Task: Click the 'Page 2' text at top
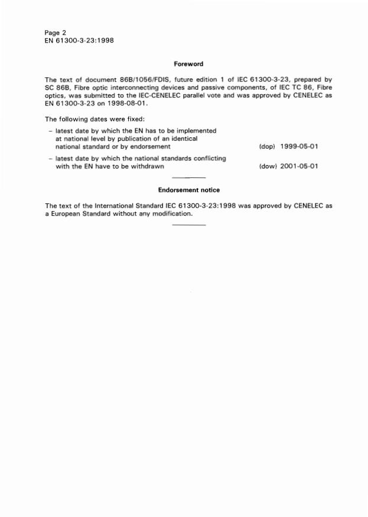click(x=56, y=32)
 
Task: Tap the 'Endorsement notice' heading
click(x=189, y=190)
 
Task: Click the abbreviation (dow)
click(x=269, y=166)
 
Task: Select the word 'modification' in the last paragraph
click(x=172, y=214)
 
